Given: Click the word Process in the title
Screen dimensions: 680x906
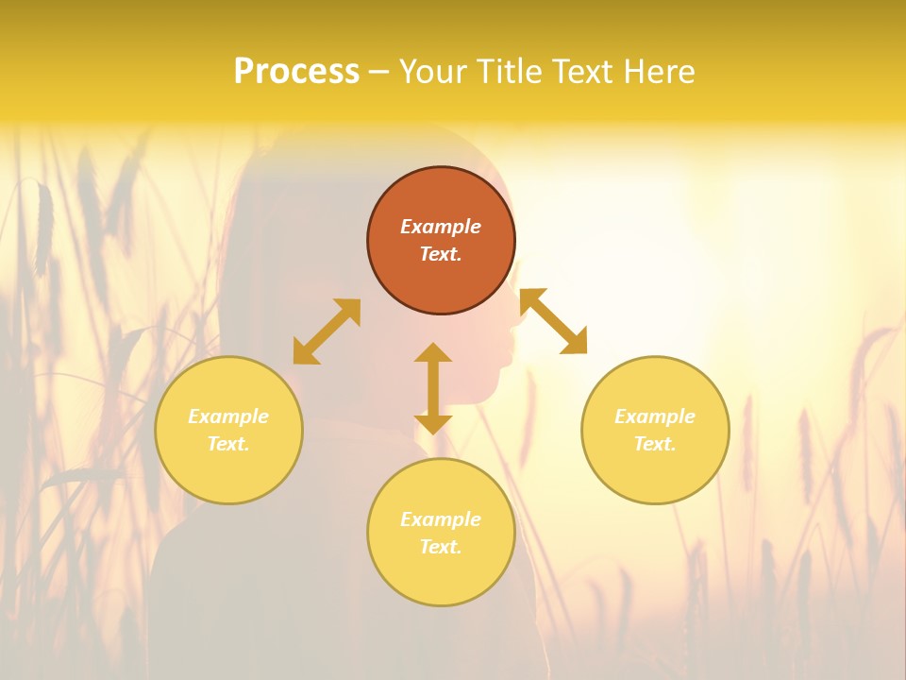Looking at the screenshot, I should coord(296,72).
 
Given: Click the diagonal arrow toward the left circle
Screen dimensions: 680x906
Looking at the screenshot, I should coord(327,331).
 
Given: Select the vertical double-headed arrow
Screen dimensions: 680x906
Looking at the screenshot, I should coord(433,388).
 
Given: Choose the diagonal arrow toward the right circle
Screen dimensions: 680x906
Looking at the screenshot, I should coord(554,321).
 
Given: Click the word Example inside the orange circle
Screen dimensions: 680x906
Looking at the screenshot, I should coord(441,227).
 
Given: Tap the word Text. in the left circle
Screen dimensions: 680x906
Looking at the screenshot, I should coord(228,444).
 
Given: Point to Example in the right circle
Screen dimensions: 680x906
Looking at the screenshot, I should coord(655,416).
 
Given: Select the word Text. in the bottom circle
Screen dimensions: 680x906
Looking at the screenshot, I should coord(441,548).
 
